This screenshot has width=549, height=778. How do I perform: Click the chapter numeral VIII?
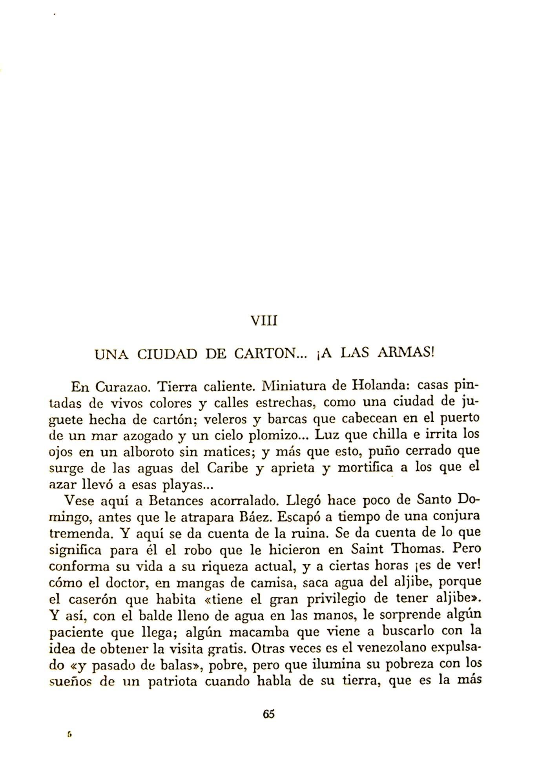pos(264,321)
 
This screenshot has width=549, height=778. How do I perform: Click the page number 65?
pos(269,714)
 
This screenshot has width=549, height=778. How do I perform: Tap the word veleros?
pos(225,420)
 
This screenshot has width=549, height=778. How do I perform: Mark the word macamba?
pos(259,632)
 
